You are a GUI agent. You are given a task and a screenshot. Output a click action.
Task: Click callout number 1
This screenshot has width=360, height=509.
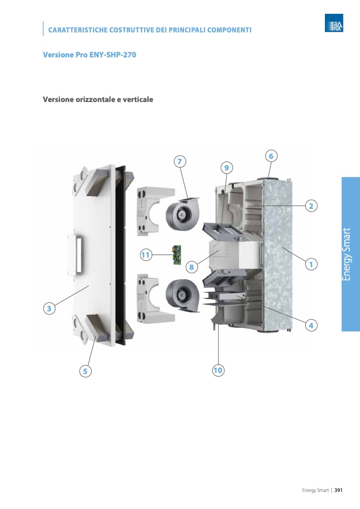pos(311,264)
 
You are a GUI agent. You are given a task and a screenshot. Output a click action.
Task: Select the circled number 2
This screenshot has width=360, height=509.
pos(311,206)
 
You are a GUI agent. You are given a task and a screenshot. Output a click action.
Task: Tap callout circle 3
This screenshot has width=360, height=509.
pos(49,308)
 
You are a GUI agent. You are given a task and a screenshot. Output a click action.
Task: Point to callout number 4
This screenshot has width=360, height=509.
pos(311,325)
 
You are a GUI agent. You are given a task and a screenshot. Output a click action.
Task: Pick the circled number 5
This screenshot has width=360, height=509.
pos(85,371)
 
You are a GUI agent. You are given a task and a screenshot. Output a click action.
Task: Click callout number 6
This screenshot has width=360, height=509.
pos(271,156)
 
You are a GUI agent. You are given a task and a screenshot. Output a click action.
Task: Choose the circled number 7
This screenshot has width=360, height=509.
pos(180,162)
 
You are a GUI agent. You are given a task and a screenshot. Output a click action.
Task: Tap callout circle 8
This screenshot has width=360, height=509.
pos(191,267)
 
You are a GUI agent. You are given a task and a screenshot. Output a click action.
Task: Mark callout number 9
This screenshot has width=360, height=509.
pos(227,168)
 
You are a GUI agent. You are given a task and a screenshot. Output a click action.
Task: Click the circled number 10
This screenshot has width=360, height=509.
pos(218,370)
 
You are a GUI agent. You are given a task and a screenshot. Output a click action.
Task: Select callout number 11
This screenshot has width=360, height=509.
pos(146,255)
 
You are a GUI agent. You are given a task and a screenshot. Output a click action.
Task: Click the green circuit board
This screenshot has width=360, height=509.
pos(177,256)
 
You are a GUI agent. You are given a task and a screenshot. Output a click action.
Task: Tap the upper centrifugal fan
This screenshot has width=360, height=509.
pos(183,213)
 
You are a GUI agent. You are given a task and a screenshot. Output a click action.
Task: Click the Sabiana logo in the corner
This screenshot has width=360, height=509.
pos(334,23)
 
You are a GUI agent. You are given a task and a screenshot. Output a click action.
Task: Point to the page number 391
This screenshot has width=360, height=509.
pos(338,490)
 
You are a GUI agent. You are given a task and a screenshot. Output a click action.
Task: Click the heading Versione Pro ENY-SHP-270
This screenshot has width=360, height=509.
pos(89,55)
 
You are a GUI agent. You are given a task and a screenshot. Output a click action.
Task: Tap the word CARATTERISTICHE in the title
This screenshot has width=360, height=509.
pos(78,30)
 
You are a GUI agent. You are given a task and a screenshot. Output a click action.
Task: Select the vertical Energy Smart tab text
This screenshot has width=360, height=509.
pos(347,254)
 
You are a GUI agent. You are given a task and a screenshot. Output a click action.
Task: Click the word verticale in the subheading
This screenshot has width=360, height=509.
pos(138,99)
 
